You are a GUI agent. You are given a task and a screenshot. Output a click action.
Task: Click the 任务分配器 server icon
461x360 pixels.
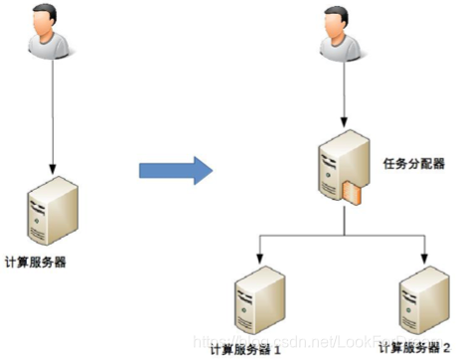point(336,169)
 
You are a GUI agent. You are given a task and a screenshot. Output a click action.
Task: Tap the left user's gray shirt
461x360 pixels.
point(51,49)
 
